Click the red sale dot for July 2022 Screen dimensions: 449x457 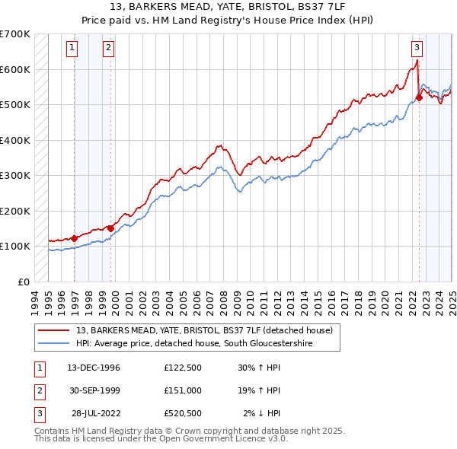[420, 97]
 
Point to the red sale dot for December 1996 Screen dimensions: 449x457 [74, 237]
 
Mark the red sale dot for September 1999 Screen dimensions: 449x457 [110, 228]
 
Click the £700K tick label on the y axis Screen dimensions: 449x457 [14, 34]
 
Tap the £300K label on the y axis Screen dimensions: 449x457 [14, 175]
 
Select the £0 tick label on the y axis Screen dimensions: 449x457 [23, 282]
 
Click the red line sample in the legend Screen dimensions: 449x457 [54, 331]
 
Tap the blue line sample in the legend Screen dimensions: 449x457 [54, 344]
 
